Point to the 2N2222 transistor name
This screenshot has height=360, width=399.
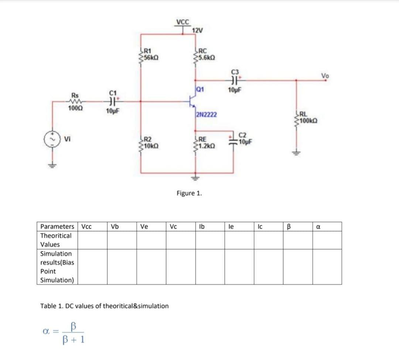click(x=207, y=115)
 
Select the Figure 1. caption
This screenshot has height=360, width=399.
click(x=189, y=193)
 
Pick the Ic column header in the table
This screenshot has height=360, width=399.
click(x=260, y=226)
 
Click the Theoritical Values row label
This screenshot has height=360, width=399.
click(x=56, y=240)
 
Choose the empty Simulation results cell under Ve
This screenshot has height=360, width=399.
click(x=151, y=267)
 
